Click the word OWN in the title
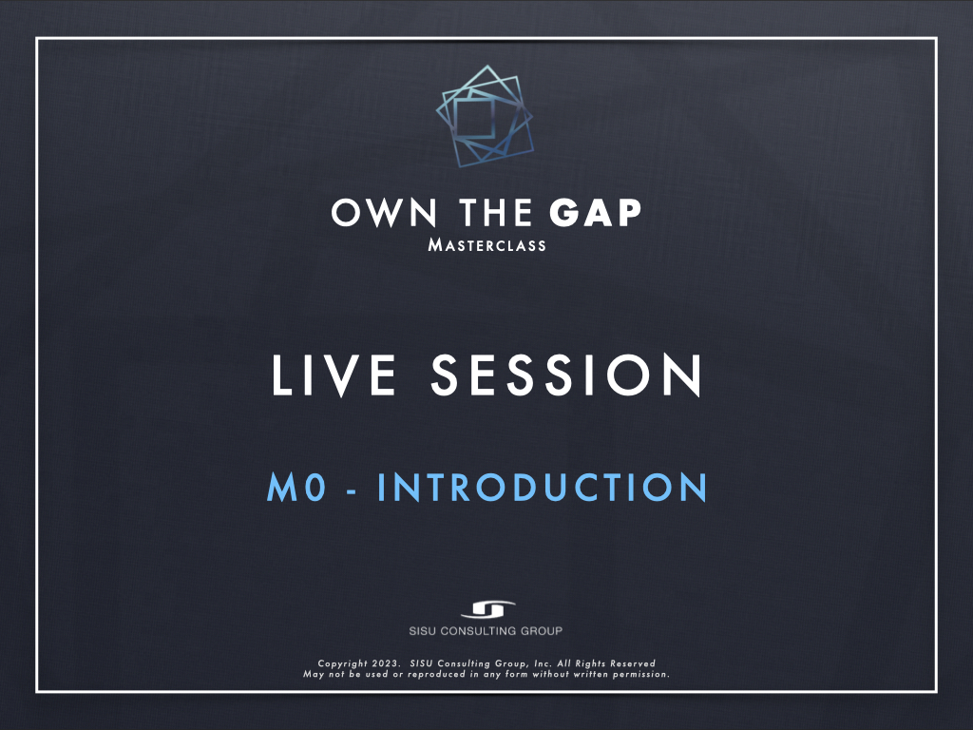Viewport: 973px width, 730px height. (384, 213)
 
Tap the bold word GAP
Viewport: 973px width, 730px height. (595, 213)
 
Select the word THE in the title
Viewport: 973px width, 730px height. (495, 213)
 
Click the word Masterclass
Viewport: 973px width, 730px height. (487, 245)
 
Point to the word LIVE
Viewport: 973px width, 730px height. (334, 375)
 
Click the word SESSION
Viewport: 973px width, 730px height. (566, 375)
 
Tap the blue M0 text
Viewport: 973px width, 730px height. (296, 487)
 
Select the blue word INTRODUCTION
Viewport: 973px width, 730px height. (543, 487)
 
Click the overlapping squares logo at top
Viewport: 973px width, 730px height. (485, 116)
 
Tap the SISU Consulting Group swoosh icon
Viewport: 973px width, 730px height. (487, 609)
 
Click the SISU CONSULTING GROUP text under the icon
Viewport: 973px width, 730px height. (486, 631)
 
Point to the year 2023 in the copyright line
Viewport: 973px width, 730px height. (385, 663)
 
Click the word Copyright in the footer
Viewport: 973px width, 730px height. (342, 663)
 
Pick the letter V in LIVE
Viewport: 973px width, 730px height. (341, 375)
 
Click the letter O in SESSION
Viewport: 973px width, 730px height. (628, 375)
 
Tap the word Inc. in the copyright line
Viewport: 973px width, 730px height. (543, 663)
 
